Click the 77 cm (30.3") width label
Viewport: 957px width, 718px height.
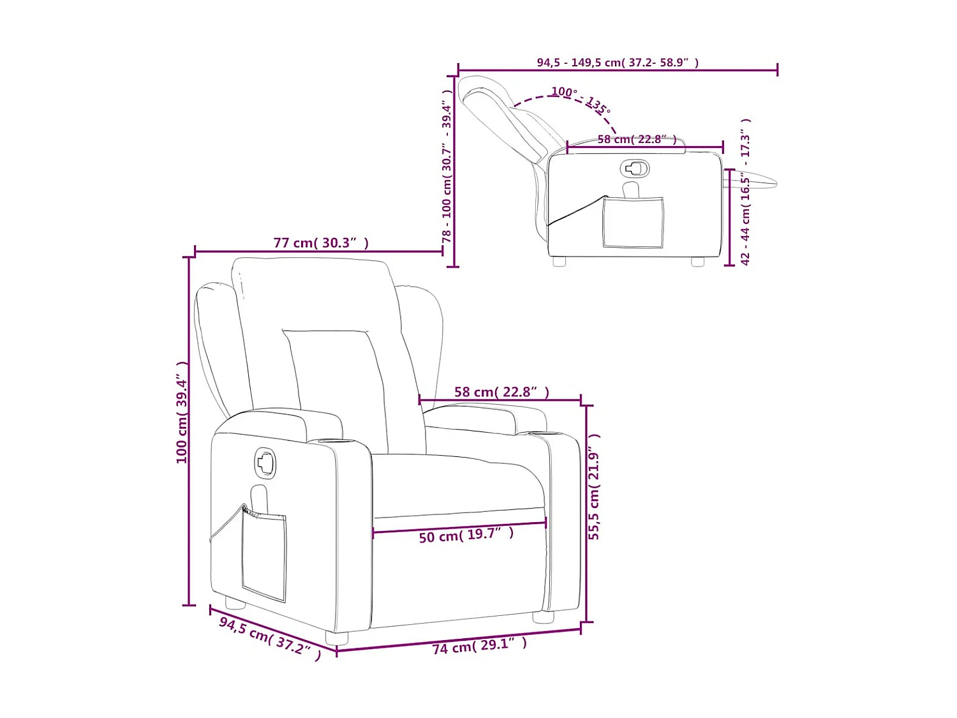tap(321, 243)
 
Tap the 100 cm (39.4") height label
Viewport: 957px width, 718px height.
tap(182, 412)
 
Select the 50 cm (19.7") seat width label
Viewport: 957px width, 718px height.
tap(466, 535)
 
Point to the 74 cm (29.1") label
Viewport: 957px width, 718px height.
tap(480, 646)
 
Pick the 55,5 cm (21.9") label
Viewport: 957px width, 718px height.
tap(594, 487)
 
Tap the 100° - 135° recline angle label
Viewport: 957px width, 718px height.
tap(581, 100)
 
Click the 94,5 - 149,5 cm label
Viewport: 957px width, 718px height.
tap(617, 63)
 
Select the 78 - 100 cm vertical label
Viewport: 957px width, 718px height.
tap(447, 166)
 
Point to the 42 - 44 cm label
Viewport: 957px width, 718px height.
tap(745, 191)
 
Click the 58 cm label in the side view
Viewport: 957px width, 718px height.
tap(637, 139)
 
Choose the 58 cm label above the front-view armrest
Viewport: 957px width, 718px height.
tap(501, 392)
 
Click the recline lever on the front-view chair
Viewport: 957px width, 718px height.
tap(265, 463)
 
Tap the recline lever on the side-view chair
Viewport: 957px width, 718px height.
tap(634, 168)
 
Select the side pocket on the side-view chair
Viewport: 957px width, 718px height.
tap(633, 222)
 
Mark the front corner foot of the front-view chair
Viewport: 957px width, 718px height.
tap(337, 638)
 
